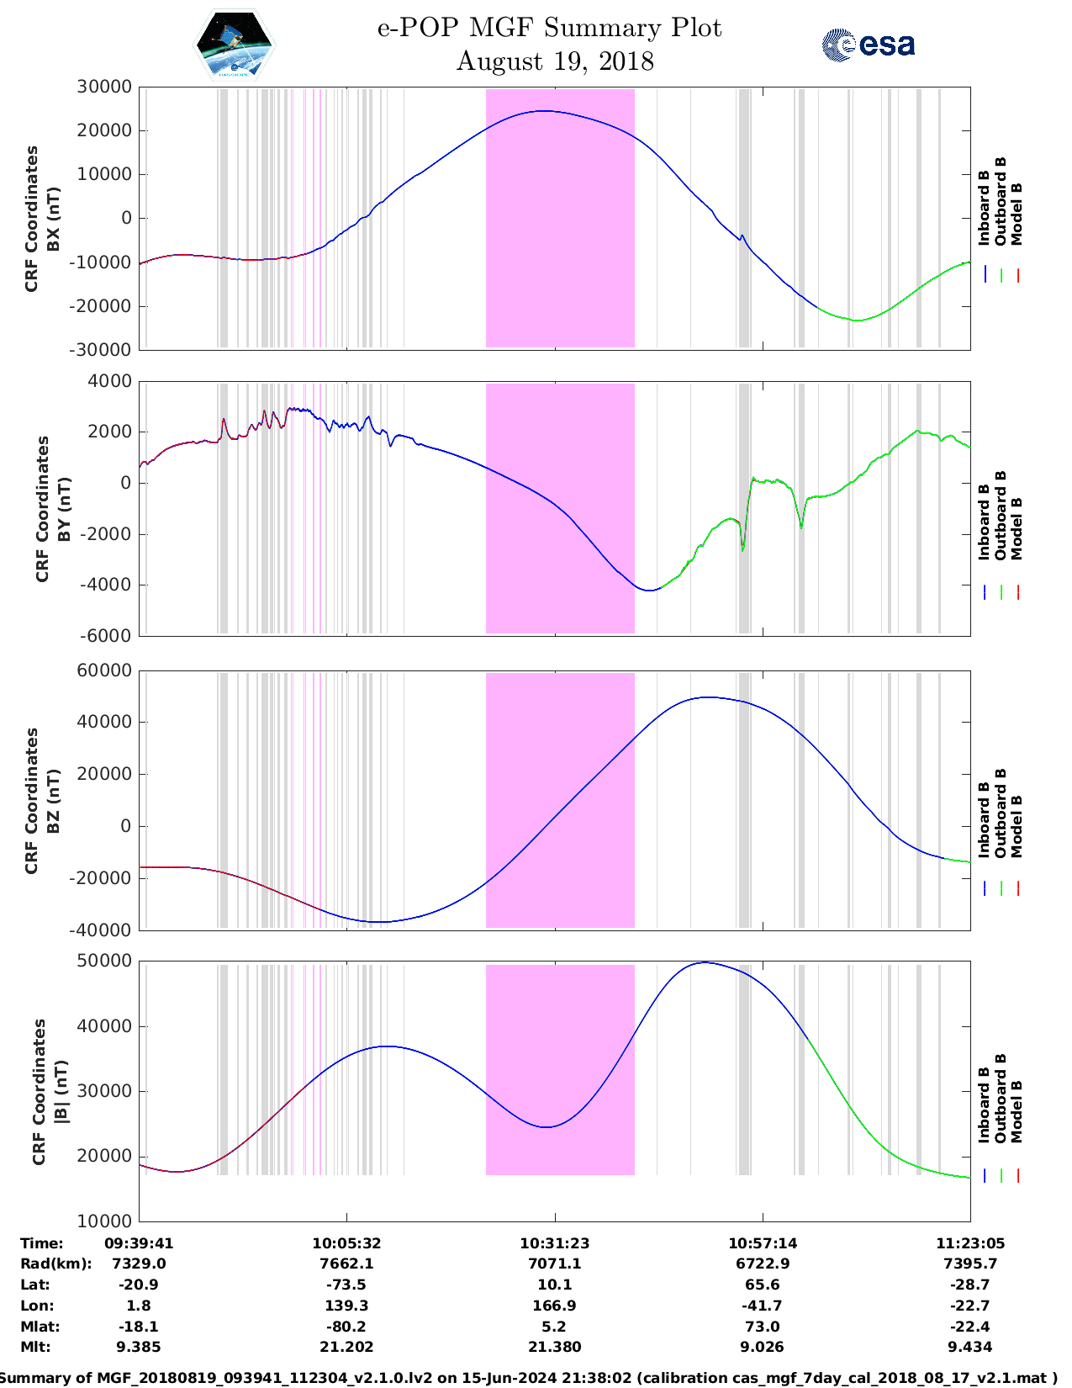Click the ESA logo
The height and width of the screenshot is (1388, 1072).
pos(868,45)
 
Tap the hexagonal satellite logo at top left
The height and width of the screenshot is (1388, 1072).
pos(234,45)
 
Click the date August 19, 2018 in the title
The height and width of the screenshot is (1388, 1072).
pos(555,61)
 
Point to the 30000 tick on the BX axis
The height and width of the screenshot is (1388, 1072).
pos(104,87)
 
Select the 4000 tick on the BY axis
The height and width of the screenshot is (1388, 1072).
pos(110,381)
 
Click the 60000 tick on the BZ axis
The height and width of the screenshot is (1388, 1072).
pos(104,670)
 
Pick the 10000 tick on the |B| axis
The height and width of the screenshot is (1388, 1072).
pos(104,1221)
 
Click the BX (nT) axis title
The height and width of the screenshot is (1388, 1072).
pos(53,219)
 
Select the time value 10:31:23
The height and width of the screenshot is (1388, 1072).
pos(554,1242)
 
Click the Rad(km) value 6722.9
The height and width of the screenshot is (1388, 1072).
pos(763,1264)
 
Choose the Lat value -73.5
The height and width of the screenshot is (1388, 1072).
pos(346,1285)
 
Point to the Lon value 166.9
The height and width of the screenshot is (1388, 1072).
pos(554,1306)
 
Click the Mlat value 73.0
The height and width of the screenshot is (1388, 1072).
pos(763,1327)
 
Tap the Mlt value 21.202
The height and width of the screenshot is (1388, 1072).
pos(346,1347)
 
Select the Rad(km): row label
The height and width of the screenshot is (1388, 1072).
pos(56,1264)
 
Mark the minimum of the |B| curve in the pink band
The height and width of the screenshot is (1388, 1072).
pos(547,1126)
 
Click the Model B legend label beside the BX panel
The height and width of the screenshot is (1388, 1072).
pos(1017,214)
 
